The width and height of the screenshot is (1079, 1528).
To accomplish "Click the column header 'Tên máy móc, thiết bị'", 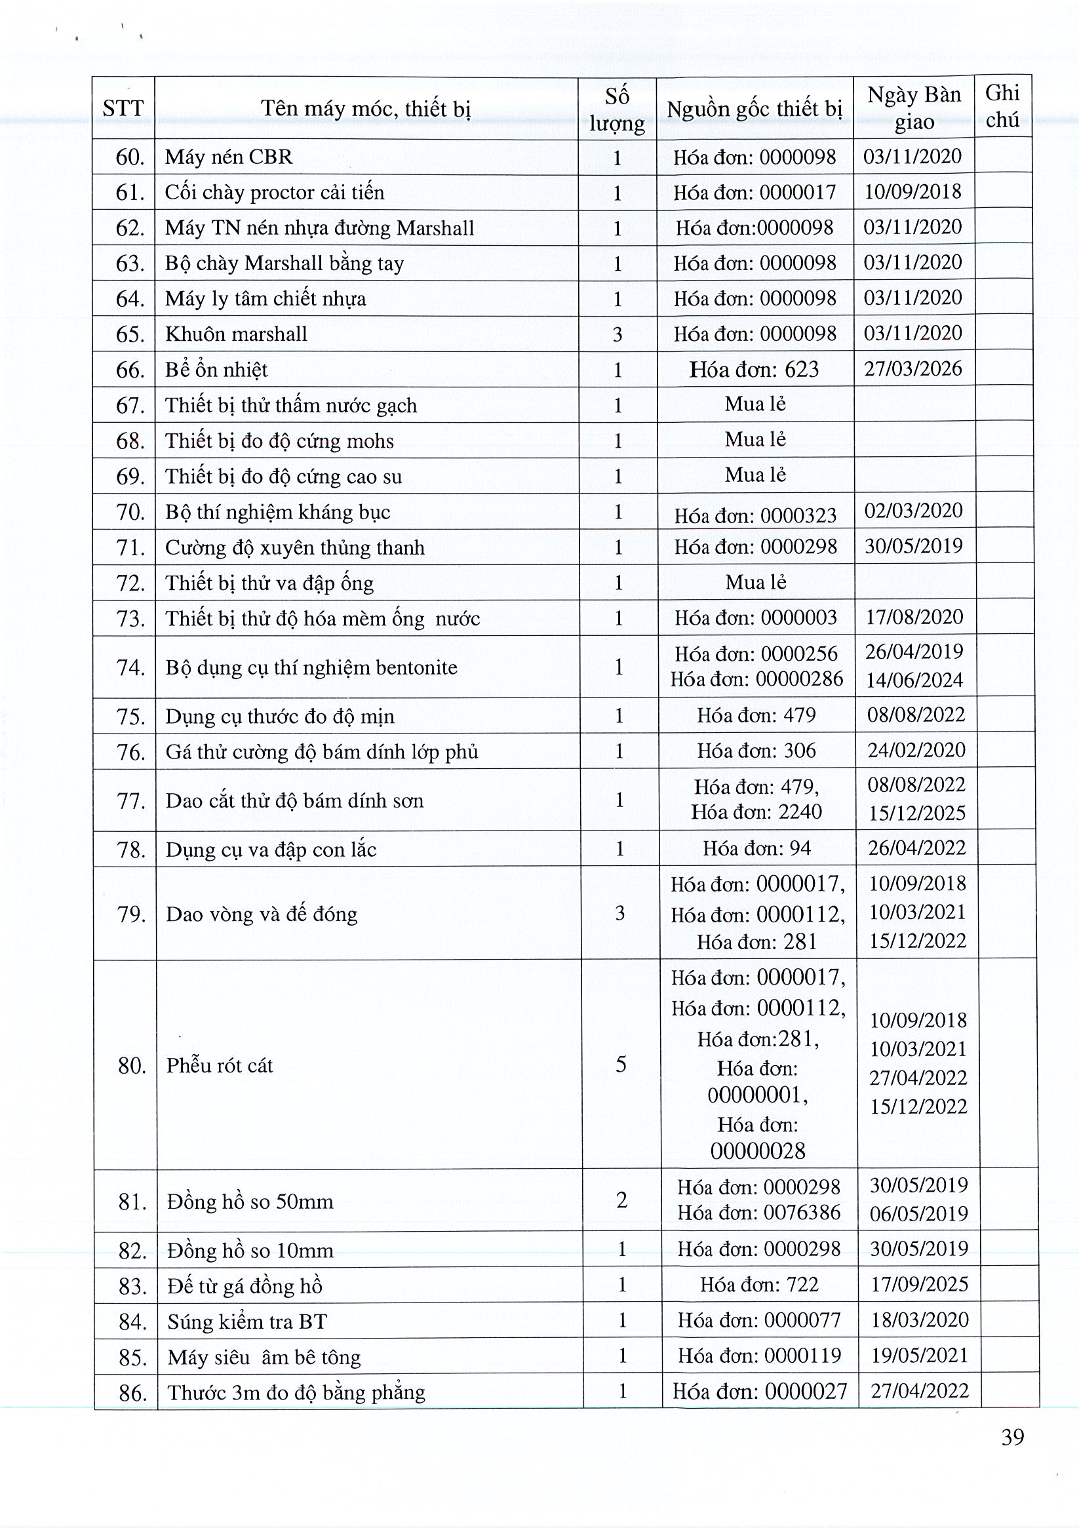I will click(365, 108).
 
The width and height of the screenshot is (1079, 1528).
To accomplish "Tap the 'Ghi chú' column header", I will click(1002, 106).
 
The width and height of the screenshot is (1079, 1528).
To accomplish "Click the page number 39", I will click(1012, 1438).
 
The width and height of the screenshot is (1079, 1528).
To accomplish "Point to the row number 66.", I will click(130, 370).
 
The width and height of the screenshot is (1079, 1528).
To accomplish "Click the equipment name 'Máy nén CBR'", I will click(228, 157).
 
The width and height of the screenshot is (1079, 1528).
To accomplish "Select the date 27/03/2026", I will click(913, 368).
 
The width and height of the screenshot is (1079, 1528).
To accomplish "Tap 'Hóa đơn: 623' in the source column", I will click(754, 369).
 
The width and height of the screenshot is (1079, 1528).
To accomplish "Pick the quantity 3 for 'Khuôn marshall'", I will click(618, 334).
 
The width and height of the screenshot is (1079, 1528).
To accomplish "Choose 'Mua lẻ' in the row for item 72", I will click(756, 582).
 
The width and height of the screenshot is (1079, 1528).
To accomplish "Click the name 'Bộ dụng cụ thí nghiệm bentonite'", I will click(311, 667).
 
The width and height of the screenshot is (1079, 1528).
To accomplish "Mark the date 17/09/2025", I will click(919, 1283).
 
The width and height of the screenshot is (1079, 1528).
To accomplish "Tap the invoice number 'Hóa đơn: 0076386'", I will click(759, 1212).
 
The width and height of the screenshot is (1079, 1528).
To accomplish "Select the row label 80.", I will click(132, 1065).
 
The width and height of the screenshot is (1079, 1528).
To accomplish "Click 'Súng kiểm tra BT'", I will click(247, 1321).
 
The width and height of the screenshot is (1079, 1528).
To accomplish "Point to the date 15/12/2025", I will click(916, 813).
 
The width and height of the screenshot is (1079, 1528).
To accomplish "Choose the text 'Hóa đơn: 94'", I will click(757, 848).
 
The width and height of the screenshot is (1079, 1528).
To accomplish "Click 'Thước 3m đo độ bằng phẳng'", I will click(296, 1392).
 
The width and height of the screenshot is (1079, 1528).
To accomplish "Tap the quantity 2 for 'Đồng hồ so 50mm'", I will click(621, 1199).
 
